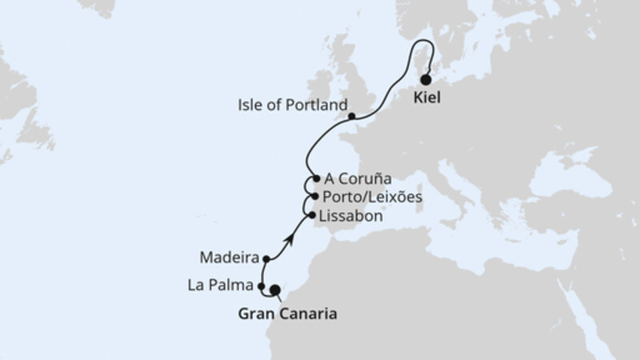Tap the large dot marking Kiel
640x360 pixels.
click(426, 79)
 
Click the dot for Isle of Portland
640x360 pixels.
click(352, 117)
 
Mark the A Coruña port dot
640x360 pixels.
click(317, 179)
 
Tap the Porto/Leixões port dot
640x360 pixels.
click(316, 197)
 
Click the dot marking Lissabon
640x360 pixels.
click(311, 214)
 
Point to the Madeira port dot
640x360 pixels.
click(265, 258)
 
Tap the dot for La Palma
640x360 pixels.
click(262, 286)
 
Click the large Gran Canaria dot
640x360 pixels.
click(275, 290)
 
